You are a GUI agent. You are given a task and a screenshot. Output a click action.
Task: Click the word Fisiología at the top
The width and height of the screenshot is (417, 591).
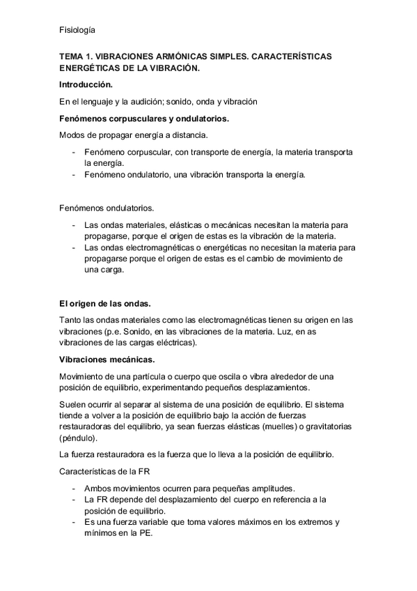(x=77, y=30)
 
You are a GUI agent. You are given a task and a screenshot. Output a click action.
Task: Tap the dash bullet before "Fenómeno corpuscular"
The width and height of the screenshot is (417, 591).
(x=74, y=152)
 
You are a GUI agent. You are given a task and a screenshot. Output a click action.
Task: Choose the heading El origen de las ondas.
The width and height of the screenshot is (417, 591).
(x=105, y=304)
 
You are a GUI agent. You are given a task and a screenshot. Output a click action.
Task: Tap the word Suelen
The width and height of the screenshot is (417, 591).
(x=73, y=405)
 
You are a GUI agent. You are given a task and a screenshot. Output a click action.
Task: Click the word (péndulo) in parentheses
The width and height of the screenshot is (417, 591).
(x=79, y=439)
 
